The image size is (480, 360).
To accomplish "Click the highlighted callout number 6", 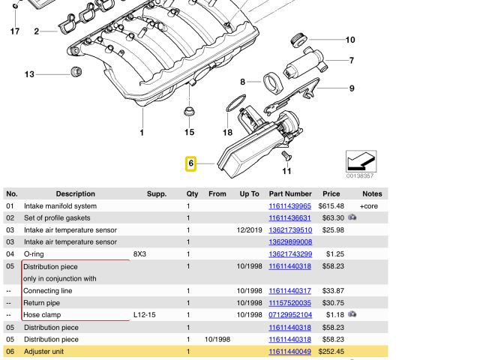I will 191,163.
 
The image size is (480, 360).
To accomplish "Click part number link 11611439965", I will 289,206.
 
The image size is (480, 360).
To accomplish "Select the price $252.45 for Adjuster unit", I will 331,351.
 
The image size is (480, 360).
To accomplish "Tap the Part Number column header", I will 289,193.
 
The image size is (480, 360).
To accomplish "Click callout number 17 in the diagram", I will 14,31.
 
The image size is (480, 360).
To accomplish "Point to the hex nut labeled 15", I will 189,114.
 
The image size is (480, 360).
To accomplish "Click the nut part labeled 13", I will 75,73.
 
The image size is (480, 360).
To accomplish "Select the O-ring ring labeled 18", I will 235,103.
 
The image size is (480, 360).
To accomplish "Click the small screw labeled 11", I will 286,155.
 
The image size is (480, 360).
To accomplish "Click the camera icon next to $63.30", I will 352,218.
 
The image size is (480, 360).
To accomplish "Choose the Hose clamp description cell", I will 42,315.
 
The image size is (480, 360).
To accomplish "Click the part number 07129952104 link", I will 289,315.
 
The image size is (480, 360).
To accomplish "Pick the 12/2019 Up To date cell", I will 249,230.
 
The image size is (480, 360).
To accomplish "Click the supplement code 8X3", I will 140,254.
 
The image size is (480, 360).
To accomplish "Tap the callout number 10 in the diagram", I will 350,40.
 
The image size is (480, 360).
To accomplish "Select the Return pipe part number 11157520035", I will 289,303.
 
